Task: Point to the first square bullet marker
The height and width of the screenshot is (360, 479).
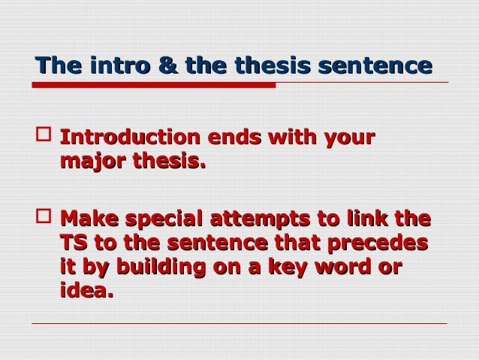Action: (x=43, y=139)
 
